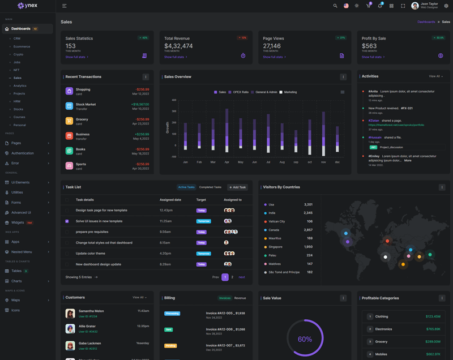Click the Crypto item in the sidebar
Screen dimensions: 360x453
pos(19,54)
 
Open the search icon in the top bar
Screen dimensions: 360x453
pos(335,6)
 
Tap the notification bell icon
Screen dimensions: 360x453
pos(380,6)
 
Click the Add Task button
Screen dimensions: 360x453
pos(238,187)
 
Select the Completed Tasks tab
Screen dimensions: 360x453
pos(210,187)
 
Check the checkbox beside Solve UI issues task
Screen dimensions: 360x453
pos(67,221)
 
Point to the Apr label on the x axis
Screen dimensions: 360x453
pos(227,162)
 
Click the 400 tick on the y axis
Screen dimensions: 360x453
pos(174,100)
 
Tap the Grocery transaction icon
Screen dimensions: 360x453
pos(69,121)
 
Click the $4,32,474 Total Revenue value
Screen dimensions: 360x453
pos(178,46)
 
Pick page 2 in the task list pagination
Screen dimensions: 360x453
pos(232,277)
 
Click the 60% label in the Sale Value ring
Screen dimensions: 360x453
pos(305,340)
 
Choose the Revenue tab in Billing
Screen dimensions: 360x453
pos(240,298)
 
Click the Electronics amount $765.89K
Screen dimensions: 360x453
pos(433,329)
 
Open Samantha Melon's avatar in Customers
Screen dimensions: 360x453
pos(70,314)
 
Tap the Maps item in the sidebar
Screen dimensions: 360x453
pos(16,300)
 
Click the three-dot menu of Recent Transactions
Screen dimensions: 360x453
pos(146,77)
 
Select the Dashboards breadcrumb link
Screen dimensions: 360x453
pos(426,22)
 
